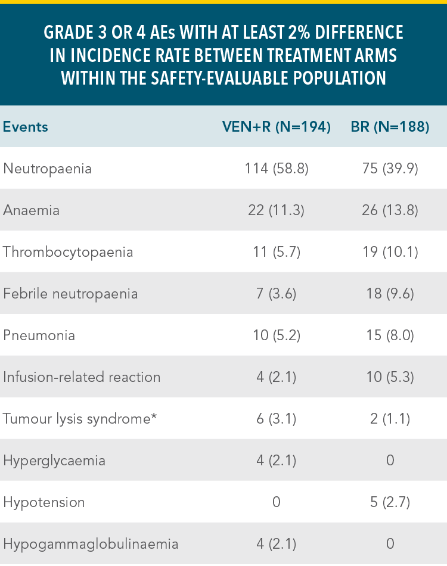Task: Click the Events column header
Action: tap(26, 127)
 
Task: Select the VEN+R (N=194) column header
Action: tap(276, 127)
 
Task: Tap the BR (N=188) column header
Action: tap(390, 127)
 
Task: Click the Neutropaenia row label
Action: tap(48, 169)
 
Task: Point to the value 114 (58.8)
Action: tap(276, 169)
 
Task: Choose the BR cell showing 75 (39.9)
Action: tap(390, 169)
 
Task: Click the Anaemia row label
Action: tap(32, 210)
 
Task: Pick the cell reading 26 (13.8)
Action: tap(390, 210)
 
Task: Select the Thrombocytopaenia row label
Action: tap(68, 252)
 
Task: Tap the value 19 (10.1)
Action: tap(390, 252)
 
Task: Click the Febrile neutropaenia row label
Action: tap(70, 294)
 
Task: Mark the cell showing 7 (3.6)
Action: tap(276, 294)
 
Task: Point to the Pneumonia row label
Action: tap(39, 335)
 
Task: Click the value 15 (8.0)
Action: tap(390, 335)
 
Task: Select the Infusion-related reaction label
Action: tap(82, 377)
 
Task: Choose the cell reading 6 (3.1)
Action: tap(276, 419)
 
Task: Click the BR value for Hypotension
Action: tap(390, 502)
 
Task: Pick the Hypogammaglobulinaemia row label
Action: tap(91, 544)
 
